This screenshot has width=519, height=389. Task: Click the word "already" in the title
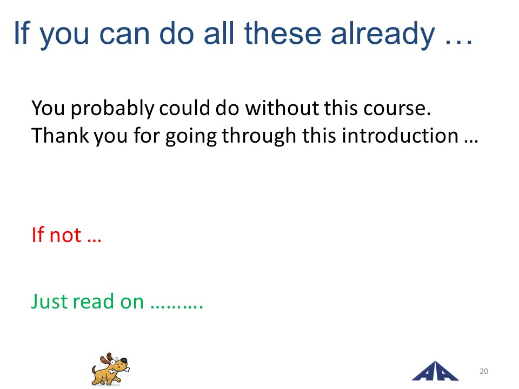[x=383, y=35]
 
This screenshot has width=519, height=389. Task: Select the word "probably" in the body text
[x=112, y=109]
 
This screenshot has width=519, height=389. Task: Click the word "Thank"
[x=60, y=135]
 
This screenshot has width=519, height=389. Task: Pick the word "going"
[x=191, y=136]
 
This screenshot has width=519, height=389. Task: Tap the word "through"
[x=259, y=136]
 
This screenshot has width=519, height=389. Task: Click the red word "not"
[x=65, y=235]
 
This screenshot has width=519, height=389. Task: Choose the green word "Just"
[x=49, y=301]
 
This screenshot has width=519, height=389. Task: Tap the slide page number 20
[x=483, y=371]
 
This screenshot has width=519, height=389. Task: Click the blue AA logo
[x=435, y=371]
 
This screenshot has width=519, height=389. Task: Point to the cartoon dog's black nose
[x=123, y=360]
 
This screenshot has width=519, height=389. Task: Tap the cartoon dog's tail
[x=94, y=370]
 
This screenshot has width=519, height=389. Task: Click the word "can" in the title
[x=124, y=35]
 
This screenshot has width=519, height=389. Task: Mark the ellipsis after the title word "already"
[x=458, y=42]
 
